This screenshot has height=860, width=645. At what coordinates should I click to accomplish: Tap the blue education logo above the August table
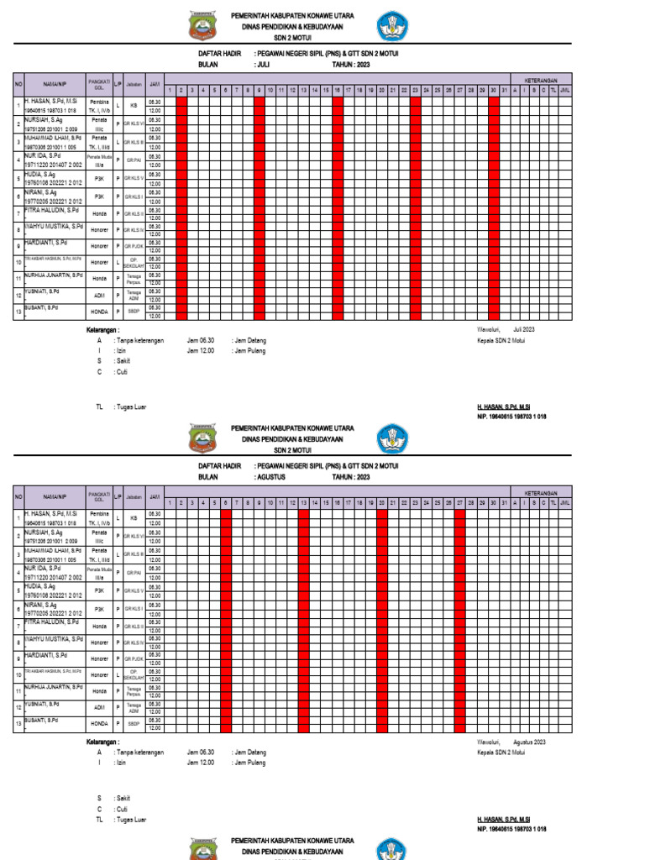[x=391, y=438]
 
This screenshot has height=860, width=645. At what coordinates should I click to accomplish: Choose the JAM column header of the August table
[x=155, y=497]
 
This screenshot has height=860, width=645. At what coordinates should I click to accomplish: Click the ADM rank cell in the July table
[x=100, y=296]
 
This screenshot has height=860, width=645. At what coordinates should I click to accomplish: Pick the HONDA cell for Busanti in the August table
[x=100, y=723]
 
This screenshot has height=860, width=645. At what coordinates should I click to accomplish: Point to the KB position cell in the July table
[x=134, y=106]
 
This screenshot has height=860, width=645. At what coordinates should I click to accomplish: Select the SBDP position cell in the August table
[x=134, y=723]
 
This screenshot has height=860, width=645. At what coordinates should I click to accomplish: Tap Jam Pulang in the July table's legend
[x=249, y=351]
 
